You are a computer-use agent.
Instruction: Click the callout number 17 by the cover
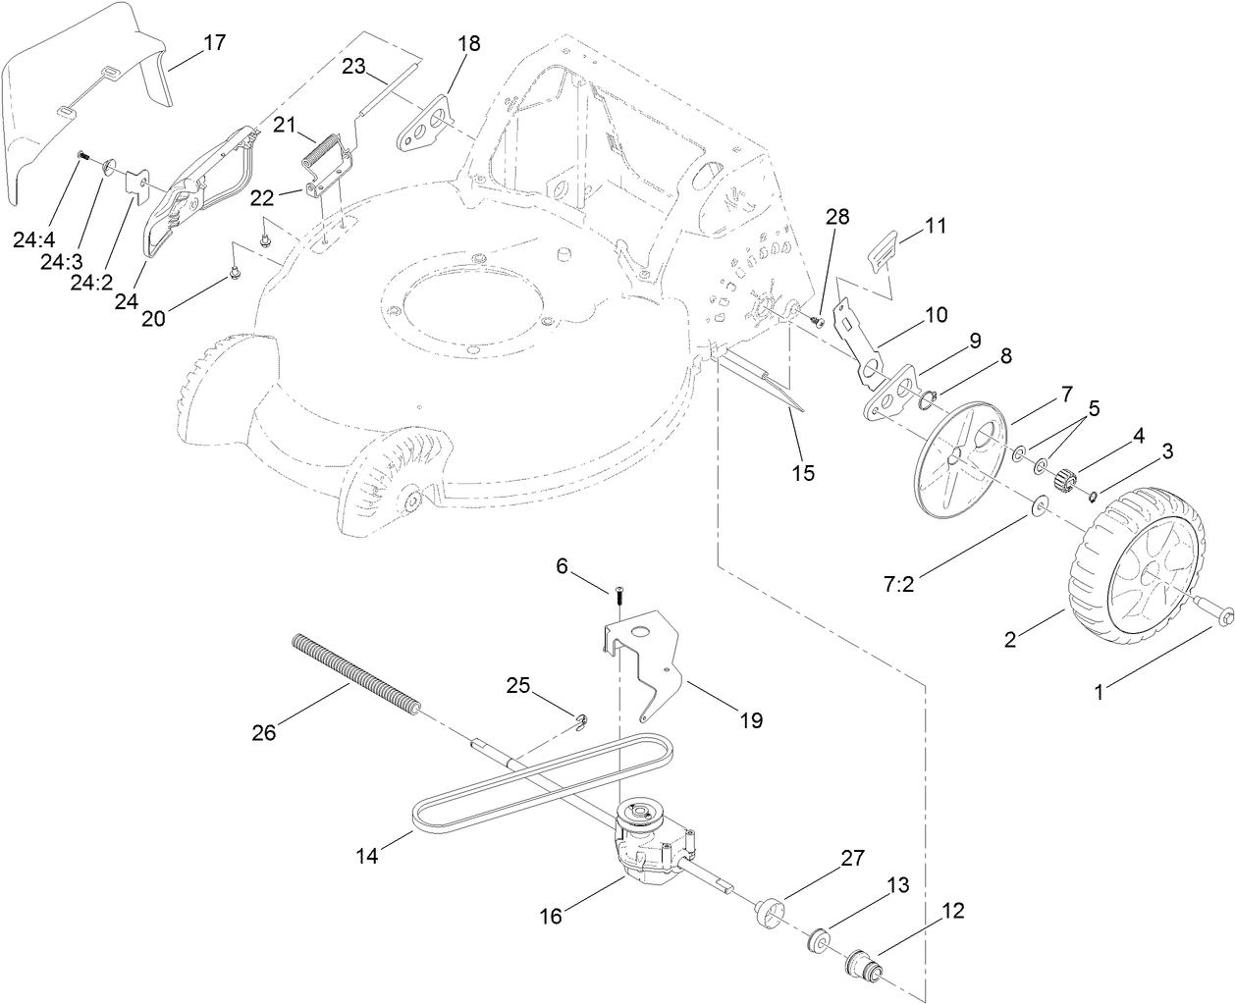tap(214, 42)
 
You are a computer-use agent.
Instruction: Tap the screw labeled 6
tap(620, 596)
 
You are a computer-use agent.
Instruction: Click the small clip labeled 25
tap(582, 722)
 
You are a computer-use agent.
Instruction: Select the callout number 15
tap(803, 472)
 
